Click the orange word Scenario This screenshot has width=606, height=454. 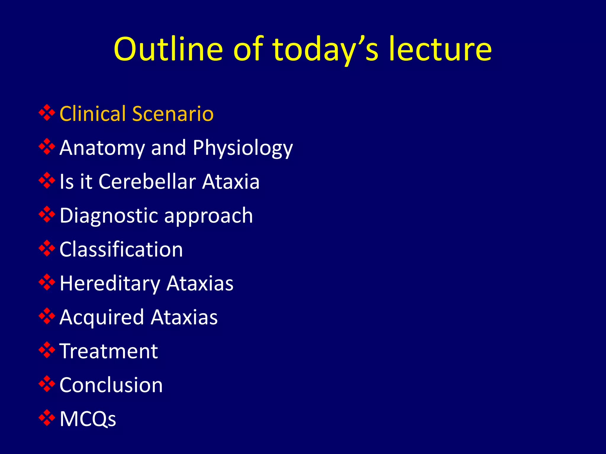[173, 113]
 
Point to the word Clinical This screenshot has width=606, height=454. [93, 113]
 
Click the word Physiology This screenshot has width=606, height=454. [243, 148]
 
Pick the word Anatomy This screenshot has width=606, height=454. [102, 148]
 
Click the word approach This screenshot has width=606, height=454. [209, 215]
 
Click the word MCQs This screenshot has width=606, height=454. [88, 419]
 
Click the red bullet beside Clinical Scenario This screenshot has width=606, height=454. [47, 113]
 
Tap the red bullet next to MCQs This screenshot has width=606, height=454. [47, 418]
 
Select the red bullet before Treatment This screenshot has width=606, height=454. [47, 350]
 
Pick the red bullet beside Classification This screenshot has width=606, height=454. [47, 248]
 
